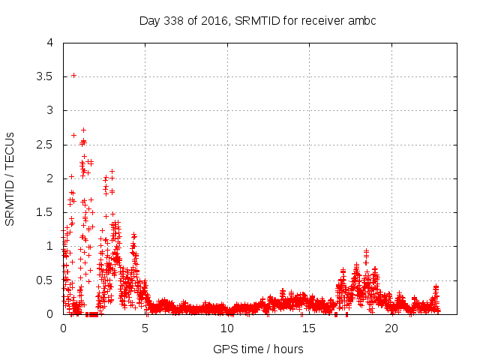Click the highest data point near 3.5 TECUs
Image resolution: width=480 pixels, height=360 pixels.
(x=73, y=75)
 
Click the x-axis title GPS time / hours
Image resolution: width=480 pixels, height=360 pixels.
(x=258, y=349)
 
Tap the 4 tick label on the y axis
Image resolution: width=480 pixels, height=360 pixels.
(x=49, y=43)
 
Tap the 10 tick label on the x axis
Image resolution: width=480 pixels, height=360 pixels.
(x=227, y=328)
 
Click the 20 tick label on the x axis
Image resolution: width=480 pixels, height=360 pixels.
(x=391, y=328)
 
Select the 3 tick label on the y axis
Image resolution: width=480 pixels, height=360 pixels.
(x=49, y=110)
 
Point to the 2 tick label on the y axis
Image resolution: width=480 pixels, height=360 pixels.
(x=49, y=178)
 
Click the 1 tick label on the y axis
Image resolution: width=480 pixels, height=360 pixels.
(x=49, y=246)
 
